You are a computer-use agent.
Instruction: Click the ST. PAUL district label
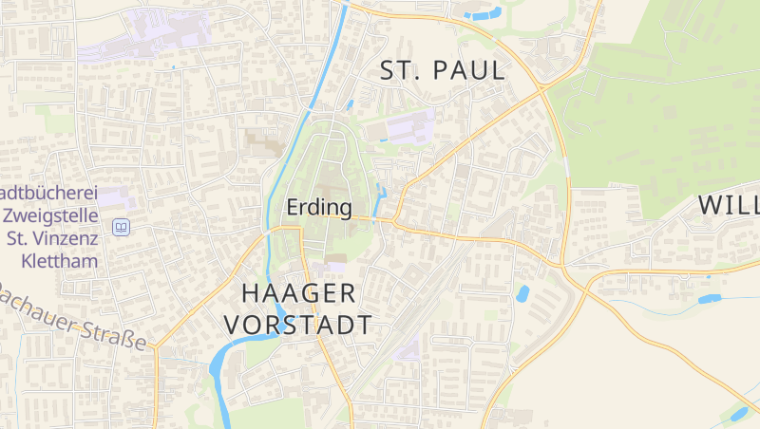[x=442, y=70]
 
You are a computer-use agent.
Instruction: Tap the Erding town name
[x=319, y=207]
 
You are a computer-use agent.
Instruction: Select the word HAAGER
[x=298, y=292]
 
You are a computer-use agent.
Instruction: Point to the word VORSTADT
[x=298, y=325]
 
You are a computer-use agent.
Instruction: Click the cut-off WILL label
[x=729, y=205]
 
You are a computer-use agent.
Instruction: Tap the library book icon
[x=121, y=227]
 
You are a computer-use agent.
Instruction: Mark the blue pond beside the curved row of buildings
[x=522, y=294]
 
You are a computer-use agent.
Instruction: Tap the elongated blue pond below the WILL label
[x=711, y=299]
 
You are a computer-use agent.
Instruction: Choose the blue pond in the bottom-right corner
[x=737, y=414]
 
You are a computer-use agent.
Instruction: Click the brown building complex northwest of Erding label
[x=262, y=142]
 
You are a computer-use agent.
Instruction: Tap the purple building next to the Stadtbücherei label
[x=115, y=198]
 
